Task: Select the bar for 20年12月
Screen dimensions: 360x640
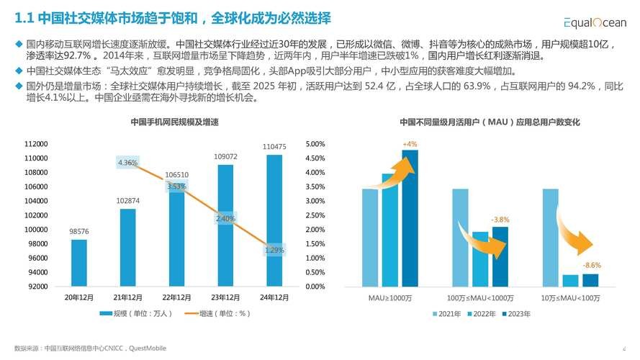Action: click(x=79, y=263)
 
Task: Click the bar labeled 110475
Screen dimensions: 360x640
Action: click(x=274, y=220)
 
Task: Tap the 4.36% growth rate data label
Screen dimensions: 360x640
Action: click(x=127, y=163)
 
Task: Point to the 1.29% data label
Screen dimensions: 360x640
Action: click(x=274, y=250)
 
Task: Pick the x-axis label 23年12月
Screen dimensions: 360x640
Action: click(x=225, y=297)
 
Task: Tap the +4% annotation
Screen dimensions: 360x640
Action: click(x=410, y=144)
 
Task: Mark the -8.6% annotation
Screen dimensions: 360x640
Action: click(x=591, y=265)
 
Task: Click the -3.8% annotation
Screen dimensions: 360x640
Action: click(x=500, y=219)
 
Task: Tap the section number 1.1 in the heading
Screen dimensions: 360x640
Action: click(x=24, y=17)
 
